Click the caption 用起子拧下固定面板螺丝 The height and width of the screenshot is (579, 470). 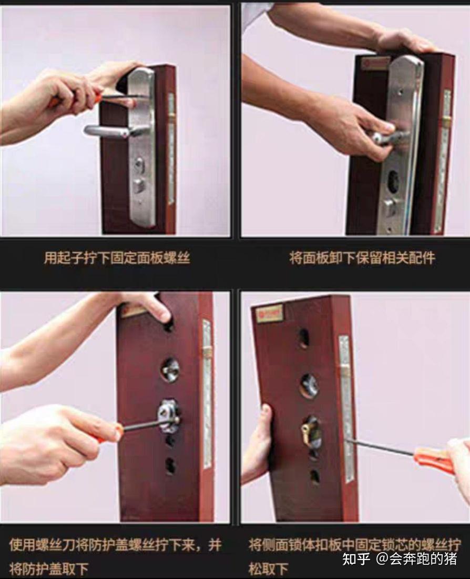point(117,258)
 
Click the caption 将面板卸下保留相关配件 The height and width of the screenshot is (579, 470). point(362,258)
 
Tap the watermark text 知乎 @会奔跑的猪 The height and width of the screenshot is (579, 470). point(400,558)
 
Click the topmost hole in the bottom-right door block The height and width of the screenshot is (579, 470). point(304,337)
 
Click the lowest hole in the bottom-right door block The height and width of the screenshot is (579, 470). point(314,477)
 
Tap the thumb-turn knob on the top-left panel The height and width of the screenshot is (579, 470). point(139,184)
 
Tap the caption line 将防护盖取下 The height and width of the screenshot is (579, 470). point(48,568)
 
